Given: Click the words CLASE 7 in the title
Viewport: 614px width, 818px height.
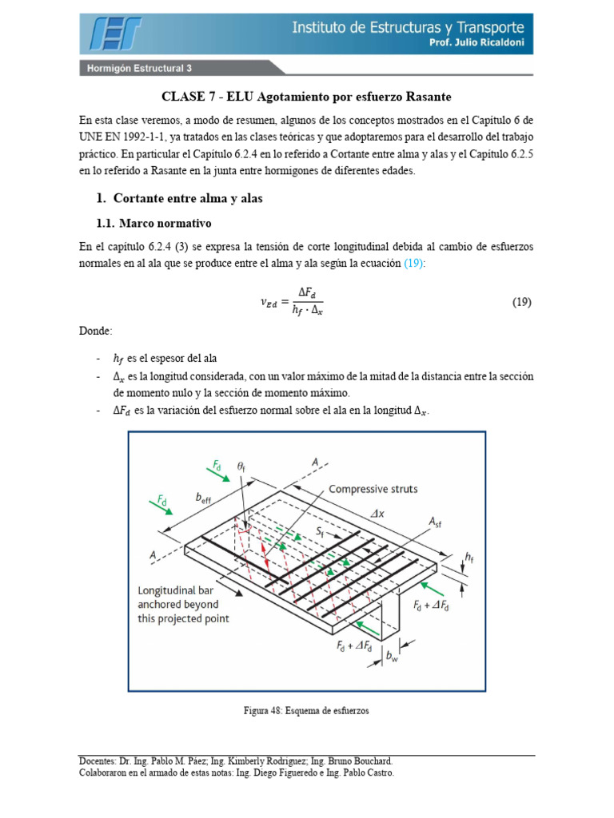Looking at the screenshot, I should tap(189, 97).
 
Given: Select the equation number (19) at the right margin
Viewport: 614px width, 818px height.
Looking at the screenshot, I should tap(521, 303).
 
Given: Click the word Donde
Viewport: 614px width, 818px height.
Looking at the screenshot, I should tap(96, 330).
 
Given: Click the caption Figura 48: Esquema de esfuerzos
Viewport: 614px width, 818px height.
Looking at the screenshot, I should tap(306, 710).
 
